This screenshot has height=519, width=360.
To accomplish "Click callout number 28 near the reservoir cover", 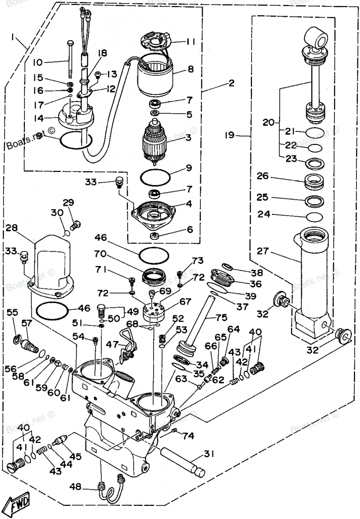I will point(11,229).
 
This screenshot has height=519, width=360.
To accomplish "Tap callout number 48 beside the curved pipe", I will point(75,487).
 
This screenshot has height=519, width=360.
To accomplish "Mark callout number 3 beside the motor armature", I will point(188,137).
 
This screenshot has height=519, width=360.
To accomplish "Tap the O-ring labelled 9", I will point(155,177).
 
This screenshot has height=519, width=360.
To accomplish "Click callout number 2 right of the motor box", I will point(231,83).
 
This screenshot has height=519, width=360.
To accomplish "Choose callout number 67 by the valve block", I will point(185,301).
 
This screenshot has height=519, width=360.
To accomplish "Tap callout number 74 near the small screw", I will point(189,435).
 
